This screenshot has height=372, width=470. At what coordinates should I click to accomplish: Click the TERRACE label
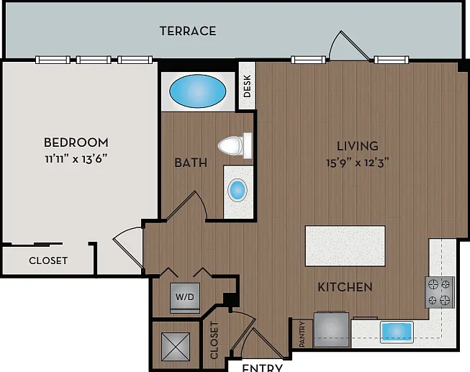188,31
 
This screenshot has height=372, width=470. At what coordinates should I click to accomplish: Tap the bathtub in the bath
198,91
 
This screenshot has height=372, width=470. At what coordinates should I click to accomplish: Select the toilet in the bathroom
235,145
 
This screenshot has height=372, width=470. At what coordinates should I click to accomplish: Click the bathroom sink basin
238,190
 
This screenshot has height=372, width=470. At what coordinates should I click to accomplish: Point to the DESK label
247,86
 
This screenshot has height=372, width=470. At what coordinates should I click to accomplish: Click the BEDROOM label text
76,142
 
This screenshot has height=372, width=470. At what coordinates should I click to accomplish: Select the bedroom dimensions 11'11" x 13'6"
76,158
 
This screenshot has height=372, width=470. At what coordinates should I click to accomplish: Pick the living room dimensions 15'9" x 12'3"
357,163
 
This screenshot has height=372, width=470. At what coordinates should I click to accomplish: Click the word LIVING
357,146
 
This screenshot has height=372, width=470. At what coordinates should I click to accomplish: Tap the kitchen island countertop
345,246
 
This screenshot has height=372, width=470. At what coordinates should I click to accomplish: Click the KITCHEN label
345,287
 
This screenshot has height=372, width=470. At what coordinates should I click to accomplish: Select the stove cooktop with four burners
440,292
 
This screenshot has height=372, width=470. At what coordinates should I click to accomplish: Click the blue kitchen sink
397,332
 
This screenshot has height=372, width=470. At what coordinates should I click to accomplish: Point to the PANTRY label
302,335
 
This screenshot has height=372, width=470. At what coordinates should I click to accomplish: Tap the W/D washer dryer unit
185,298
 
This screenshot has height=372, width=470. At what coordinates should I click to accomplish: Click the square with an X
176,347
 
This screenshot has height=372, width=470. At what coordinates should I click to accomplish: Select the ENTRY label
262,368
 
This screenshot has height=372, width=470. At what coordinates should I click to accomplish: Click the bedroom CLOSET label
48,260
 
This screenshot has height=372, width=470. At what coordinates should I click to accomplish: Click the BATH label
191,163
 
